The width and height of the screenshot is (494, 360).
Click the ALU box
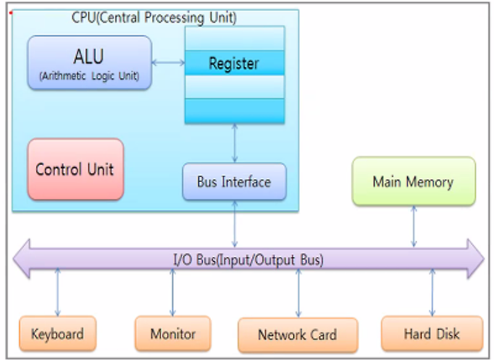(x=90, y=63)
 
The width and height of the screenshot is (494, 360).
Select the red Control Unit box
(x=75, y=169)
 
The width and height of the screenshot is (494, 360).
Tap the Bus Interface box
(x=235, y=182)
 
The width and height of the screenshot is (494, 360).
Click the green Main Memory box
(x=414, y=182)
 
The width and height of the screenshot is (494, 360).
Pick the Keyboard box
(x=57, y=333)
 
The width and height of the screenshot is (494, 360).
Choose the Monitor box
(x=173, y=333)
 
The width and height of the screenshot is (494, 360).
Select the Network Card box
(x=298, y=335)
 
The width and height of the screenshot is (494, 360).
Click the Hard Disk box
(x=432, y=333)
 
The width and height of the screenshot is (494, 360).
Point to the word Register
(x=234, y=64)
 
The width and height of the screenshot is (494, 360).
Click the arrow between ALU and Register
(x=169, y=63)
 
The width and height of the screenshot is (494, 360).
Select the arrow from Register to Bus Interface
(x=235, y=143)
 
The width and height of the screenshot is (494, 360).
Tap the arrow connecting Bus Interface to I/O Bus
(x=235, y=224)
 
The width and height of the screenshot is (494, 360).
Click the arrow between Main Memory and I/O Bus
(x=414, y=226)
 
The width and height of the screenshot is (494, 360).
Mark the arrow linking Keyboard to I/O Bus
(x=57, y=292)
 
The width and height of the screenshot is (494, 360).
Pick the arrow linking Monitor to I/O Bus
(x=172, y=292)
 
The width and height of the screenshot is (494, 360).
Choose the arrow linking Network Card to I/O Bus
(x=298, y=293)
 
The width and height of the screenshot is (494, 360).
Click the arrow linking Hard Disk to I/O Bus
(x=432, y=292)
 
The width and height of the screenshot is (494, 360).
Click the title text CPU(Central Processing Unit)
(x=154, y=18)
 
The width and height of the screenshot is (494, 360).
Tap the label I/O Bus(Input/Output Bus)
(x=249, y=260)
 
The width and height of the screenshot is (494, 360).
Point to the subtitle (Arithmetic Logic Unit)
(x=89, y=76)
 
